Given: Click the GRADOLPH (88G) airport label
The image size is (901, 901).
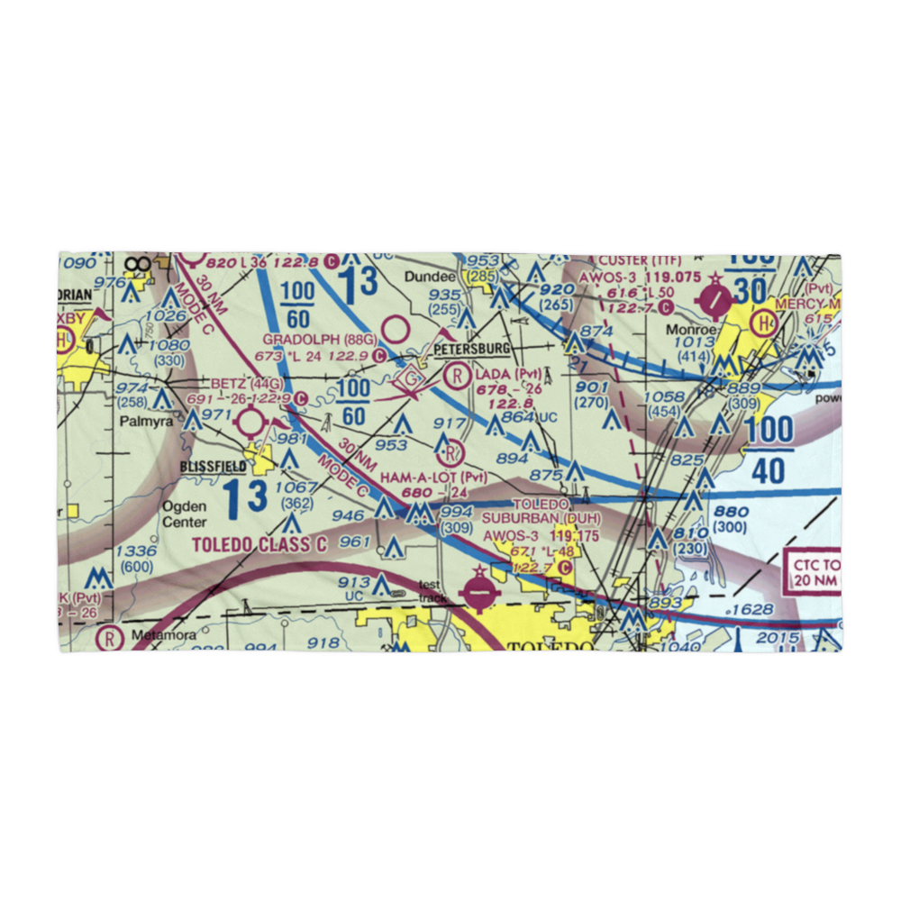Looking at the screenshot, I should click(307, 339).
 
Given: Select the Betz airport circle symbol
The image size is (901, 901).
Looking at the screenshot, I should click(250, 421).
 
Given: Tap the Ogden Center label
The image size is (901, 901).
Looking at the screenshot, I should click(184, 514).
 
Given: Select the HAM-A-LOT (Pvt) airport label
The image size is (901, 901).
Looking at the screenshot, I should click(435, 476).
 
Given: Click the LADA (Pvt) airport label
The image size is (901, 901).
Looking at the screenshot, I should click(509, 374).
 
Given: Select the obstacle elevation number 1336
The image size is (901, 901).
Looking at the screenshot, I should click(136, 551).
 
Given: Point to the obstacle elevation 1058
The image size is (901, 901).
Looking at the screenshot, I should click(666, 396).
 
